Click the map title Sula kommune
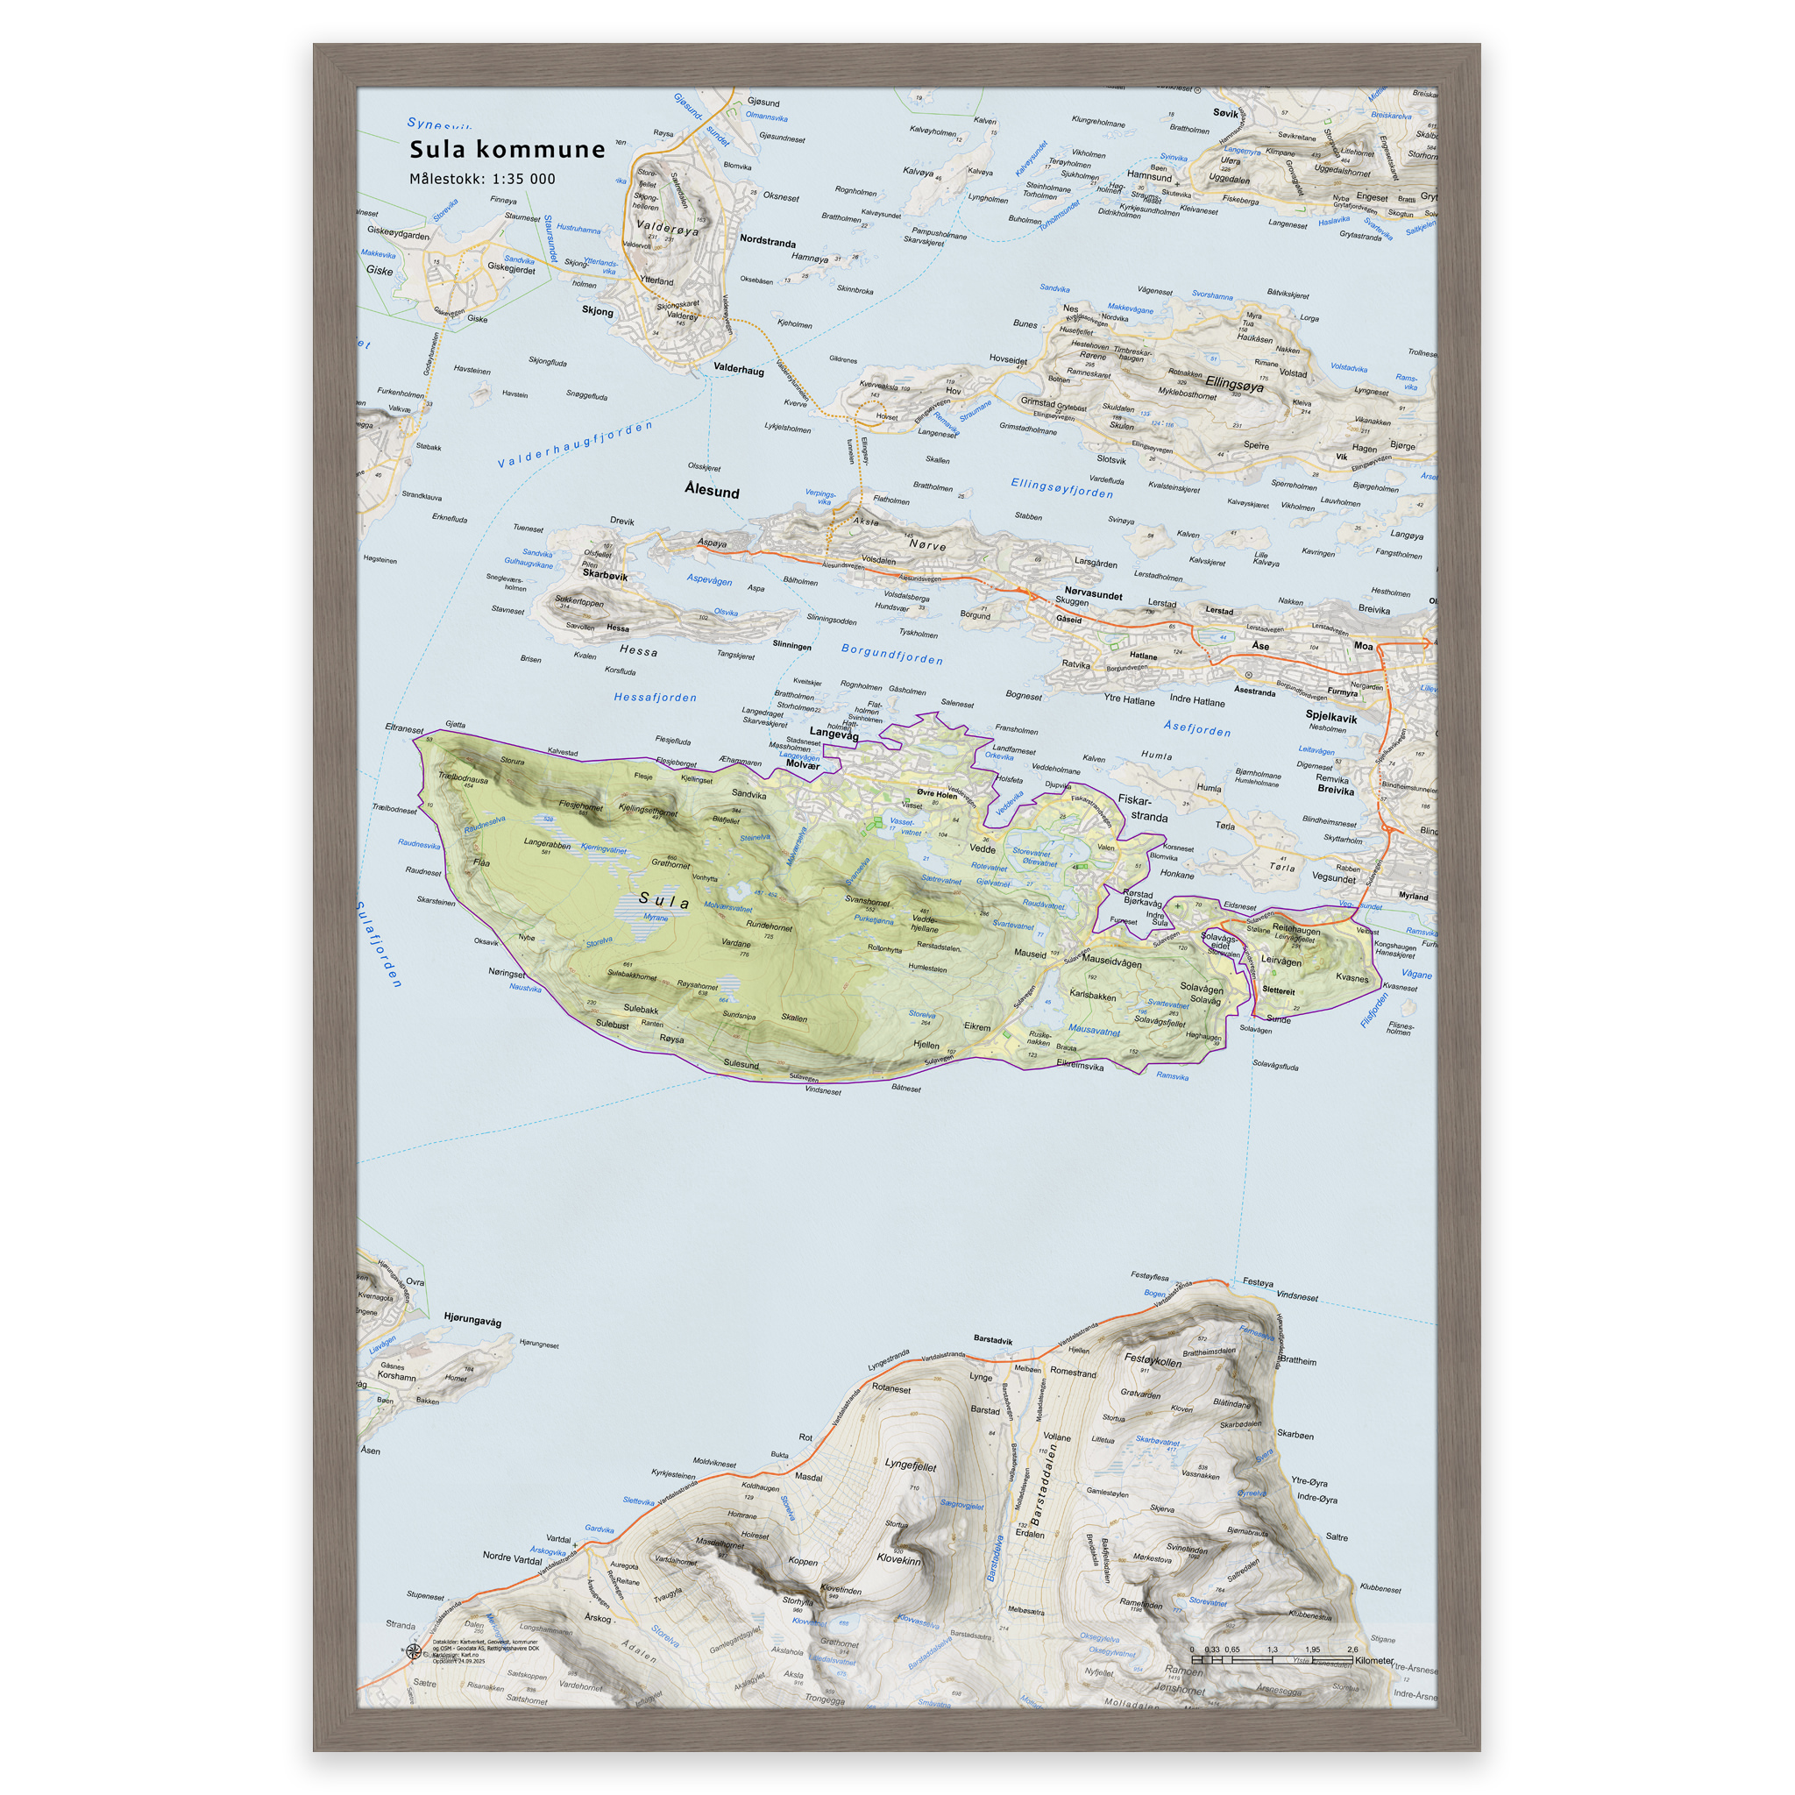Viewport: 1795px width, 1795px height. pyautogui.click(x=507, y=150)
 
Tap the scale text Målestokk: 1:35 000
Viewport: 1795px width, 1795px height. pyautogui.click(x=482, y=180)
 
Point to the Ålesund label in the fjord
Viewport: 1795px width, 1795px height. pyautogui.click(x=712, y=491)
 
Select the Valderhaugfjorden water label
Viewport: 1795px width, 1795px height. pyautogui.click(x=575, y=445)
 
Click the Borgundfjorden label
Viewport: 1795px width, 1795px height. pyautogui.click(x=892, y=654)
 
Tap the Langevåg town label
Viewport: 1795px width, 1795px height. pyautogui.click(x=834, y=734)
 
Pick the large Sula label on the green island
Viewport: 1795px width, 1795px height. pyautogui.click(x=664, y=900)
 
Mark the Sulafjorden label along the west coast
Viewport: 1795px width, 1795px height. pyautogui.click(x=379, y=944)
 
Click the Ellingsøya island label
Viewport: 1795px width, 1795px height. pyautogui.click(x=1234, y=383)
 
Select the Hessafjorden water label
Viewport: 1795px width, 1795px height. pyautogui.click(x=655, y=698)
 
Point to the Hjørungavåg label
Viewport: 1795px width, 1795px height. pyautogui.click(x=472, y=1319)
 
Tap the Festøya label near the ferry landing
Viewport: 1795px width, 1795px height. pyautogui.click(x=1258, y=1282)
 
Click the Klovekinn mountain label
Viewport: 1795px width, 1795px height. pyautogui.click(x=898, y=1559)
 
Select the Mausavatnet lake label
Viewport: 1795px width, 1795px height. pyautogui.click(x=1094, y=1031)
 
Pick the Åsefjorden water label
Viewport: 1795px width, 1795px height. pyautogui.click(x=1196, y=729)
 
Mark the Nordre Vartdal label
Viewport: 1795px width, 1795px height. pyautogui.click(x=512, y=1557)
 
